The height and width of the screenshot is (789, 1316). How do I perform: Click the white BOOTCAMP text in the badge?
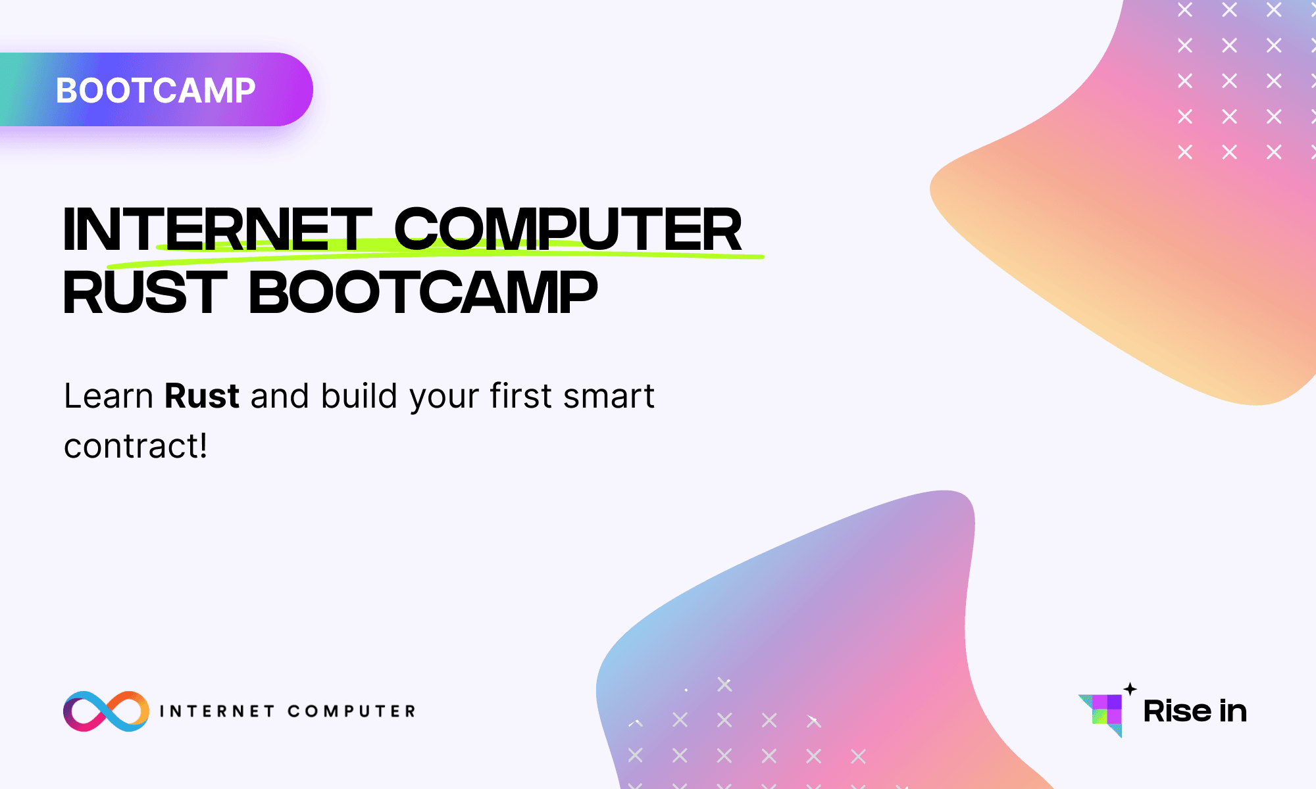(x=155, y=91)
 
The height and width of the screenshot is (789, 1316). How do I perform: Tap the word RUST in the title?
(x=145, y=293)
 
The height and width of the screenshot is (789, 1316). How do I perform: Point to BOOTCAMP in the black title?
(x=423, y=293)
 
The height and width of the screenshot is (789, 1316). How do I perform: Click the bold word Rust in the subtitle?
(x=201, y=396)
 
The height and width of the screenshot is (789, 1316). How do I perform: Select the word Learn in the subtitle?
(x=109, y=396)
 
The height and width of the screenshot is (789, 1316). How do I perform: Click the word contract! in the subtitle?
(x=136, y=446)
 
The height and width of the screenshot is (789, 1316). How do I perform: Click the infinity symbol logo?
(x=106, y=711)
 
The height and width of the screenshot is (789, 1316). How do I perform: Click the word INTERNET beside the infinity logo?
(x=217, y=711)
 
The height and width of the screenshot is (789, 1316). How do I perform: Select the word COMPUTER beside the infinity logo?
(x=351, y=711)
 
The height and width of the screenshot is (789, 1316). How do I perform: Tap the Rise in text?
(x=1195, y=711)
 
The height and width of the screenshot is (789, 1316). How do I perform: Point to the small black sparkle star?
(x=1130, y=689)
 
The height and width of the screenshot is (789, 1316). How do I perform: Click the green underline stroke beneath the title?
(x=461, y=252)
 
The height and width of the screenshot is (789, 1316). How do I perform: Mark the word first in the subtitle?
(x=520, y=396)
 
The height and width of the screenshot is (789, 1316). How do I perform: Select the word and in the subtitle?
(x=280, y=396)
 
